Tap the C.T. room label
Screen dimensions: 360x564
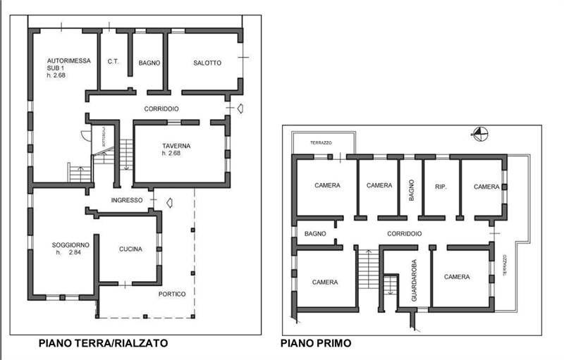pyautogui.click(x=113, y=63)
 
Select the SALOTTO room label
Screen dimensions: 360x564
pyautogui.click(x=207, y=63)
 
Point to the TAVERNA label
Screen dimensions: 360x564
pyautogui.click(x=176, y=146)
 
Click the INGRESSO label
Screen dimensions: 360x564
pyautogui.click(x=127, y=200)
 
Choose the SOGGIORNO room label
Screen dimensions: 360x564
pyautogui.click(x=69, y=244)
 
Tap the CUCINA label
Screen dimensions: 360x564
pyautogui.click(x=130, y=249)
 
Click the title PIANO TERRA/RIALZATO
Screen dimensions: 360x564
pyautogui.click(x=104, y=344)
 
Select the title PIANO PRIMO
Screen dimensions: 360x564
pyautogui.click(x=316, y=344)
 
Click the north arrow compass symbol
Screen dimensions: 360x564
pyautogui.click(x=479, y=131)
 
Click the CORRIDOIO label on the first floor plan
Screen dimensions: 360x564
pyautogui.click(x=404, y=233)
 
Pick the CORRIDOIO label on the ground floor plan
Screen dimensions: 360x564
pyautogui.click(x=161, y=109)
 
